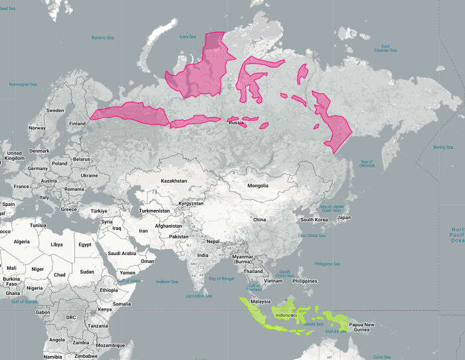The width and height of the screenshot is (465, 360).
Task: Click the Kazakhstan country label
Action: click(173, 181)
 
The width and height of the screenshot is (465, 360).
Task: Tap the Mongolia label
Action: click(258, 186)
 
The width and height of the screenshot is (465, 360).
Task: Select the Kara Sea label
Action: click(188, 37)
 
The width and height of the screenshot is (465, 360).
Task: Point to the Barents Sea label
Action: click(103, 37)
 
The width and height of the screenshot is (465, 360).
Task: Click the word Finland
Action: click(78, 124)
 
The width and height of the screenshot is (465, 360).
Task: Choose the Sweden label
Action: click(54, 110)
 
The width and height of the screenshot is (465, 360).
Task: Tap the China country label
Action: click(259, 219)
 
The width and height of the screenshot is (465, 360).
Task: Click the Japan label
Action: click(343, 217)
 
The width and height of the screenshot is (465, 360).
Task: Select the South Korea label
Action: click(315, 220)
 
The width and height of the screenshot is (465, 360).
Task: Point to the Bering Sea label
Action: click(443, 147)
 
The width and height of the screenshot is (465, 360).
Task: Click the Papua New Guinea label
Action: click(361, 327)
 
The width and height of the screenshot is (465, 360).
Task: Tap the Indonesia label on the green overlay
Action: click(288, 315)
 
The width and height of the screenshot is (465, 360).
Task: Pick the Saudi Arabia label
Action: click(122, 253)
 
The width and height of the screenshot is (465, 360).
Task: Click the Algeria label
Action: click(22, 242)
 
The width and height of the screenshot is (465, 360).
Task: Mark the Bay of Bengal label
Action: click(221, 278)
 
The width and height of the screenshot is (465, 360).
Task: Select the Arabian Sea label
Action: click(166, 282)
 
